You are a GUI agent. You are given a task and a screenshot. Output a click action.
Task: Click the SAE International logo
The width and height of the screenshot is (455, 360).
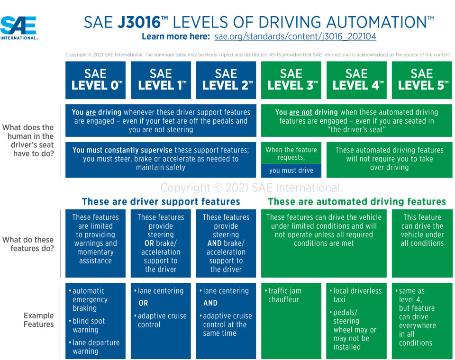coord(19,27)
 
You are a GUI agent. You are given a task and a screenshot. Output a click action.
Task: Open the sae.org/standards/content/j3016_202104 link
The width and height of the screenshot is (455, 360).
coord(295,36)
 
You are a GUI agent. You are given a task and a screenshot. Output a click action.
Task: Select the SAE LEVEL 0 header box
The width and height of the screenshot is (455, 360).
coord(95,80)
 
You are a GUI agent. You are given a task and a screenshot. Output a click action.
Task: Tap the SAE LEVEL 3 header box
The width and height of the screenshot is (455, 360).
coord(291,80)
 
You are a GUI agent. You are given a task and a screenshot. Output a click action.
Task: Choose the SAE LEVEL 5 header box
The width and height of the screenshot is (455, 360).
coord(422,80)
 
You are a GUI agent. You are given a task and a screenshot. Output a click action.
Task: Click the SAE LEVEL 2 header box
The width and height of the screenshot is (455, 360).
coord(226,80)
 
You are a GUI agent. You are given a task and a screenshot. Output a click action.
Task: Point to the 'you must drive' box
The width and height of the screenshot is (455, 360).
coord(291,171)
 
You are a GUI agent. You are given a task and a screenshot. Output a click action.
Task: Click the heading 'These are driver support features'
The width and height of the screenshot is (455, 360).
coord(161,202)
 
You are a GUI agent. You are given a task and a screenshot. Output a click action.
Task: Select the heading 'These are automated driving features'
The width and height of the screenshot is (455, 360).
coord(357,202)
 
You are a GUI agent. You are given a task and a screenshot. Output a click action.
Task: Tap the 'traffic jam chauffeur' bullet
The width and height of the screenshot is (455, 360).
coord(284,295)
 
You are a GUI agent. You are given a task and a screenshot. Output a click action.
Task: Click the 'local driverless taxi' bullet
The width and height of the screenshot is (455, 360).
coord(356,295)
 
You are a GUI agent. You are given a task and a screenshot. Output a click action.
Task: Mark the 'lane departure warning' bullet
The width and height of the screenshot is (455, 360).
coord(95,347)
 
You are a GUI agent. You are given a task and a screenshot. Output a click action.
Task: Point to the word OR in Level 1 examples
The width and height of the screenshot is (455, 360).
coord(143,303)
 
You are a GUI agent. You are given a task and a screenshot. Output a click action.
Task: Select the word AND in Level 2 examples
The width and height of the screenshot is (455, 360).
coord(210,303)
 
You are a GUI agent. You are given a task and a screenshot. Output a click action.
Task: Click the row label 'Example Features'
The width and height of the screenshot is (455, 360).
coord(38,320)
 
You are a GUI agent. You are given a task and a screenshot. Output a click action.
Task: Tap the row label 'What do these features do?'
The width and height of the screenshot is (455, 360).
coord(28,244)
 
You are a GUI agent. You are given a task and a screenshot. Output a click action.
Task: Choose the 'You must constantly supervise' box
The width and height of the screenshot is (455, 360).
coord(161,159)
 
